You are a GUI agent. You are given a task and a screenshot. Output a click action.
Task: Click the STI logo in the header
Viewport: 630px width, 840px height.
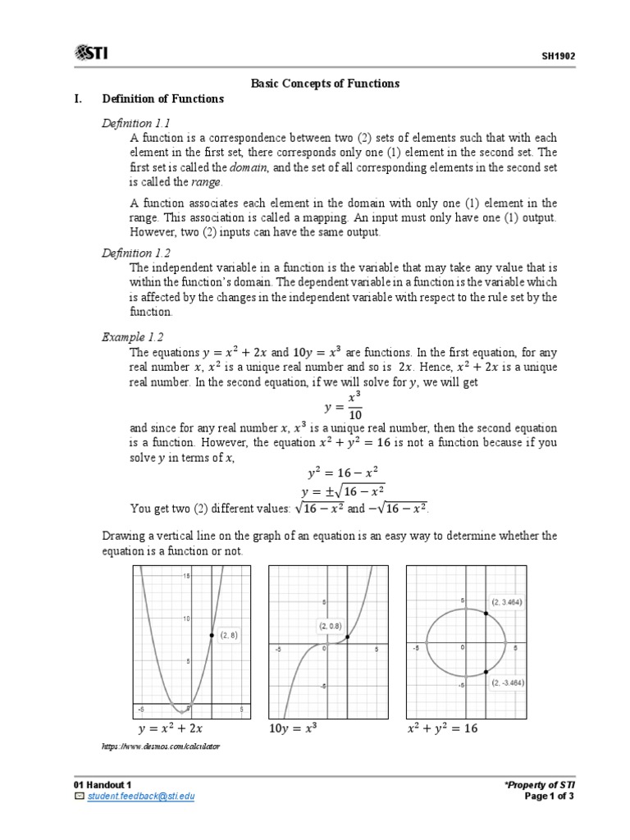click(91, 54)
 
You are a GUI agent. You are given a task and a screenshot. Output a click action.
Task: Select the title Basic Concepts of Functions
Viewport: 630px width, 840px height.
click(324, 83)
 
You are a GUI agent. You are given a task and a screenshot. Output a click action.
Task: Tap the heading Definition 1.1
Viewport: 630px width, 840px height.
click(134, 122)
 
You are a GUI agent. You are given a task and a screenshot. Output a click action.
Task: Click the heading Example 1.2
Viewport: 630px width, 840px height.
click(133, 336)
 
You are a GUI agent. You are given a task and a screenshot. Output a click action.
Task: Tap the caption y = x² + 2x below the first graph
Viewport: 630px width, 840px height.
click(170, 728)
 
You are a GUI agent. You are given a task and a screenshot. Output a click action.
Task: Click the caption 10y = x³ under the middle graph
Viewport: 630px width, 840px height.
click(293, 728)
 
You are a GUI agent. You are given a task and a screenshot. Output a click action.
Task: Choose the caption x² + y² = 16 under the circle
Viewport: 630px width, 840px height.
click(442, 728)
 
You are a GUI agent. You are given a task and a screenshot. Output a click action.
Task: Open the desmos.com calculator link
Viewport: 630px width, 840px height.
click(160, 746)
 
